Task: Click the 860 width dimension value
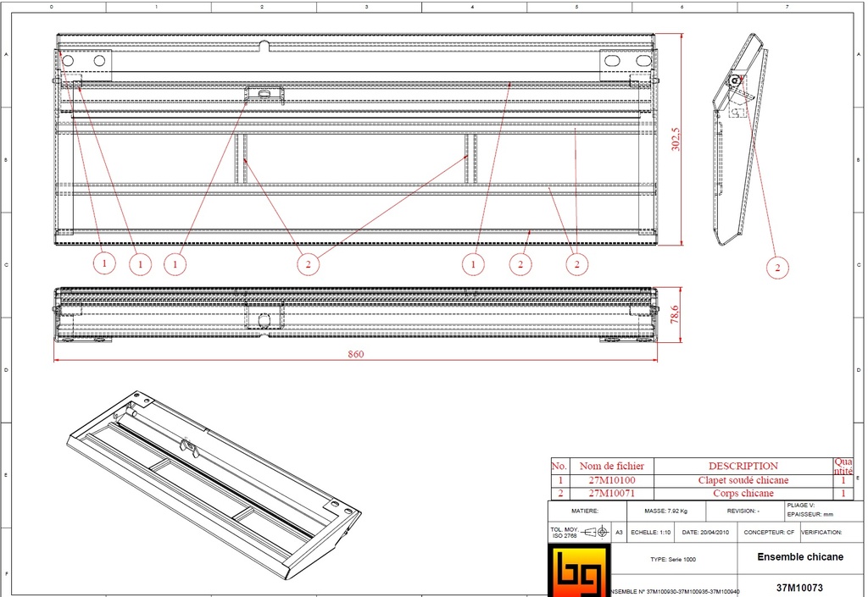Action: [355, 354]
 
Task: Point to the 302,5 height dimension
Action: [675, 140]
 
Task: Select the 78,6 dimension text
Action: [675, 315]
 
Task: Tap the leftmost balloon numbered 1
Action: [103, 263]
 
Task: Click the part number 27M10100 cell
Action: [611, 480]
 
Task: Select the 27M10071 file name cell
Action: [611, 493]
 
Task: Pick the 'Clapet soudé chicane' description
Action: [743, 480]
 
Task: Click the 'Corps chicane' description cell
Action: [743, 493]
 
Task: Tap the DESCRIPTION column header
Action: [743, 466]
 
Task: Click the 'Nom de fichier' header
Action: [611, 466]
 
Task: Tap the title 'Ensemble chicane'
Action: [799, 556]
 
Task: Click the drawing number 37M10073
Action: [799, 587]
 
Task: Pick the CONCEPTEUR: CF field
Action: [769, 533]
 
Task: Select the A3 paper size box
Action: [618, 533]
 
